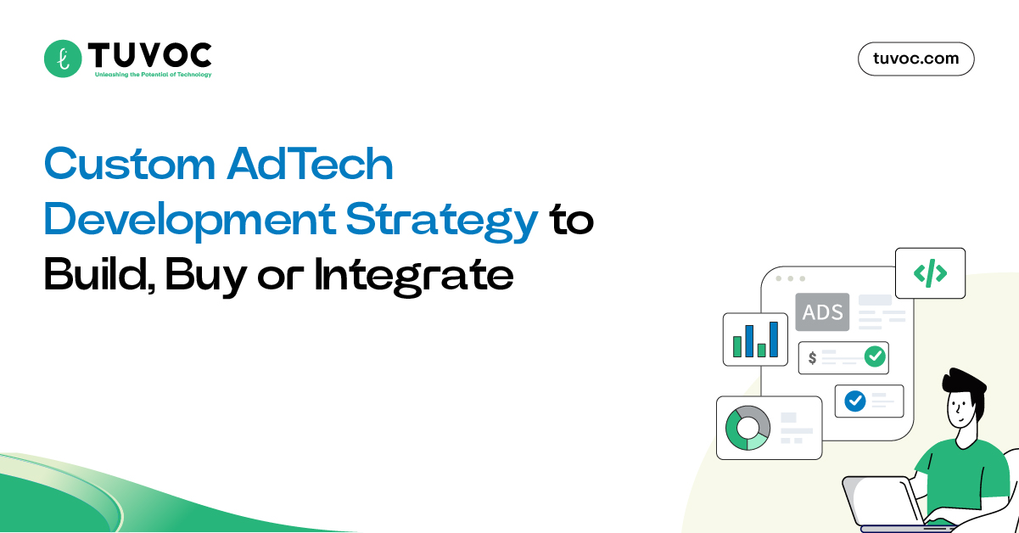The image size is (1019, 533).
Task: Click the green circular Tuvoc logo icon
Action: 62,59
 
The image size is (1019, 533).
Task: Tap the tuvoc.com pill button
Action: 915,59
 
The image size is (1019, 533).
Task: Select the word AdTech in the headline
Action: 310,165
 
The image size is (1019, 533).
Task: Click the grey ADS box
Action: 822,312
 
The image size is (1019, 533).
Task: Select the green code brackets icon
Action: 930,273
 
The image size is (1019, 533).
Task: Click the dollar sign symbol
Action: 812,357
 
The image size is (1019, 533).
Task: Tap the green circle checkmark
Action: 874,356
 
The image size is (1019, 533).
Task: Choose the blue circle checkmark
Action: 854,401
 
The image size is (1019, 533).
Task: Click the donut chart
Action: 747,427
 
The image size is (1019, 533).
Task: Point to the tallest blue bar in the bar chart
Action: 774,339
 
